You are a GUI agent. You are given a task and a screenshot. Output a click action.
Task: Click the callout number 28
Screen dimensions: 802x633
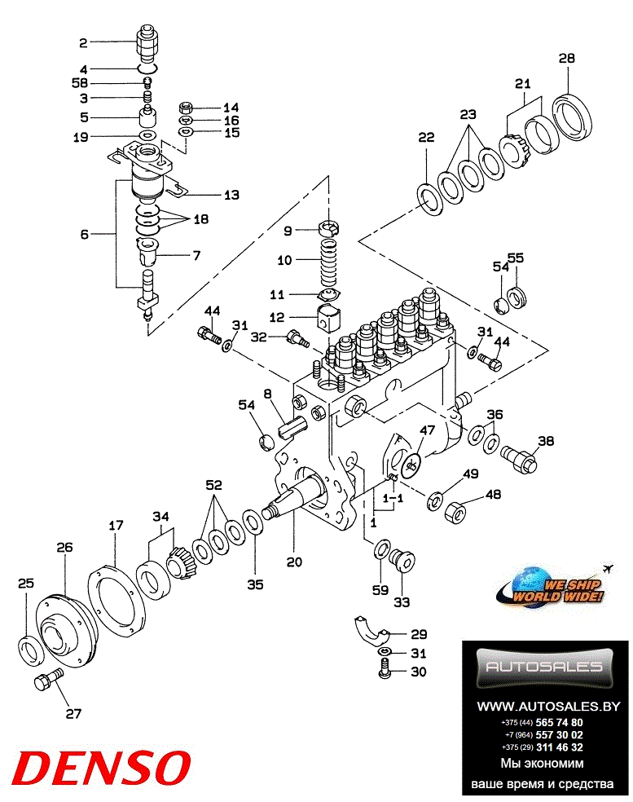(x=567, y=58)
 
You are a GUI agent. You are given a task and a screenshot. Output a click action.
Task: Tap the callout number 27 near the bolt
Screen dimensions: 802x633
(x=74, y=714)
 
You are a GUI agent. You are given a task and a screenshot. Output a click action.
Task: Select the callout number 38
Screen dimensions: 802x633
(x=545, y=441)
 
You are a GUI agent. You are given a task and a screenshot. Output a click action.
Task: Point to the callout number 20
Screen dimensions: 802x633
(x=294, y=562)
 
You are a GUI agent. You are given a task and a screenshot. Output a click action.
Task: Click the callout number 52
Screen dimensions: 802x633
(x=213, y=485)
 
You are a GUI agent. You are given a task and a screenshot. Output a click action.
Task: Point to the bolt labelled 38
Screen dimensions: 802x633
(x=520, y=456)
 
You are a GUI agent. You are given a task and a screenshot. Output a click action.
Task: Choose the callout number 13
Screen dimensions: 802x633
(x=231, y=194)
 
